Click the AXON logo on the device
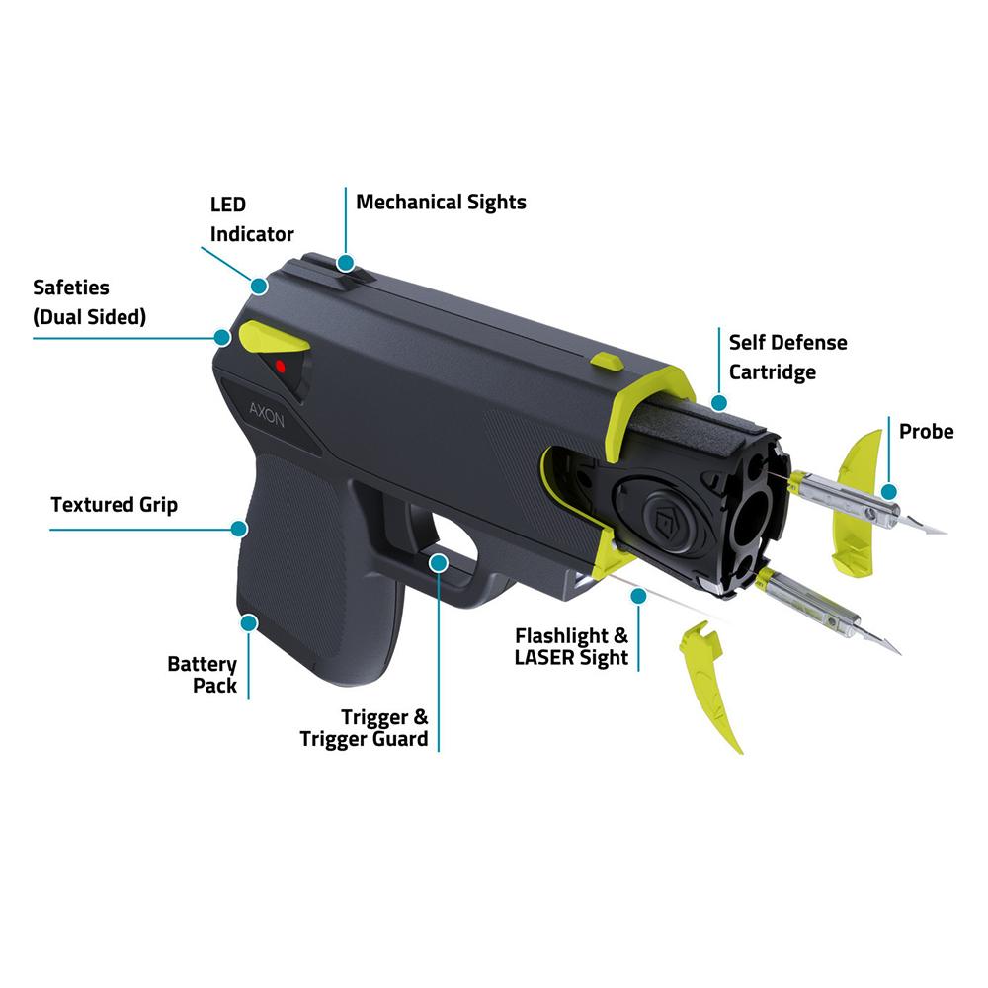pyautogui.click(x=267, y=415)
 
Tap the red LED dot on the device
pyautogui.click(x=280, y=367)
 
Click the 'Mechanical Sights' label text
pyautogui.click(x=441, y=203)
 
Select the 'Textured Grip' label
pyautogui.click(x=114, y=505)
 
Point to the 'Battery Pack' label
pyautogui.click(x=203, y=674)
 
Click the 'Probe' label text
pyautogui.click(x=927, y=432)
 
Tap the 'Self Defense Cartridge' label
pyautogui.click(x=787, y=358)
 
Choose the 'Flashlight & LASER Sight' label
pyautogui.click(x=571, y=646)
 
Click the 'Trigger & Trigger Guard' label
pyautogui.click(x=365, y=728)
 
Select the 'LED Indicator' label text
pyautogui.click(x=252, y=219)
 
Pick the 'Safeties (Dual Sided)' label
pyautogui.click(x=90, y=302)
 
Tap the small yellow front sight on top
pyautogui.click(x=608, y=362)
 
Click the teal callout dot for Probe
pyautogui.click(x=889, y=492)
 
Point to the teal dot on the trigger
pyautogui.click(x=439, y=563)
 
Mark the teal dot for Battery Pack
pyautogui.click(x=249, y=623)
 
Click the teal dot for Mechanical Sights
pyautogui.click(x=345, y=263)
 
